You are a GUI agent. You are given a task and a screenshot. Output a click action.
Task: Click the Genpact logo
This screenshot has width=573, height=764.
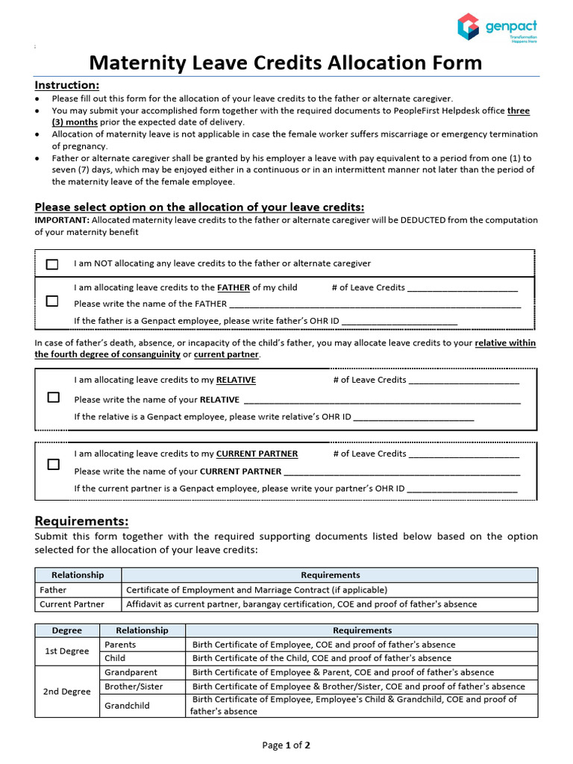tap(497, 27)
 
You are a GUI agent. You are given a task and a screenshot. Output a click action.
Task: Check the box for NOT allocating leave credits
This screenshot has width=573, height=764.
tap(52, 264)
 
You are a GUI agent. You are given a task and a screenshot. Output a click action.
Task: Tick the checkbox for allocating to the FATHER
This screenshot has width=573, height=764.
tap(52, 301)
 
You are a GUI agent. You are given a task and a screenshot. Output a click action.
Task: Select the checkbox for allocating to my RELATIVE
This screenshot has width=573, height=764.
tap(53, 397)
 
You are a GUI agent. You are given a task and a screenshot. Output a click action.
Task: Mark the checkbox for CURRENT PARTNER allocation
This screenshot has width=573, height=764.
tap(53, 464)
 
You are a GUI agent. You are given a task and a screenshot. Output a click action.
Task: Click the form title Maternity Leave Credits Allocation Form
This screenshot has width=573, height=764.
tap(286, 63)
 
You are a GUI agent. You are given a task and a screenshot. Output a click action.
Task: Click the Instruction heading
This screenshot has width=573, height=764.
tap(67, 85)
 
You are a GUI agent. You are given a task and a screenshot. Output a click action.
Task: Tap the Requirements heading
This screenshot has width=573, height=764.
tap(82, 521)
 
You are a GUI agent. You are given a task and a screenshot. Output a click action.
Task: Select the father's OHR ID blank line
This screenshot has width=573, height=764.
tap(398, 322)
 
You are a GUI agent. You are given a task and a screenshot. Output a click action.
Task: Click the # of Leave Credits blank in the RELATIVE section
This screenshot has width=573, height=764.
tap(464, 381)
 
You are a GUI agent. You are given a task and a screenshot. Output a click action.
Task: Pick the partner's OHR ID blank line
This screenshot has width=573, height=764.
tap(463, 489)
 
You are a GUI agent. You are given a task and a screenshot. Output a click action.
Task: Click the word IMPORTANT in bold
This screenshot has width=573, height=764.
tap(62, 220)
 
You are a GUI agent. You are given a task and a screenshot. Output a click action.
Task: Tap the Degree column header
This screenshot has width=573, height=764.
tap(67, 630)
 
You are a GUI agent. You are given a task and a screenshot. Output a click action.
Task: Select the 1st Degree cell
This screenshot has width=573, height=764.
tap(67, 651)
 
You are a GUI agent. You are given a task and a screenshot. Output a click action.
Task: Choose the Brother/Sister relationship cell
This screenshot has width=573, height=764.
tap(134, 686)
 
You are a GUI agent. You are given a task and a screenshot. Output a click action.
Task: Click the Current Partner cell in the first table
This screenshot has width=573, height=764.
tap(72, 604)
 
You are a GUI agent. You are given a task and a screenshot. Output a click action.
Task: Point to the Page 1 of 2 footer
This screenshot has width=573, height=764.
tap(286, 745)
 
